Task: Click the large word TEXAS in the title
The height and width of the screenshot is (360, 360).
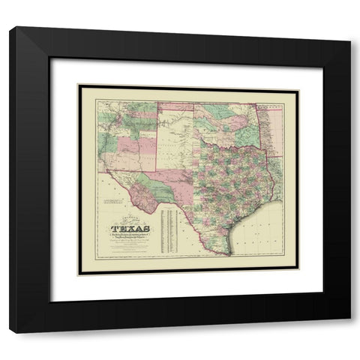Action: click(x=130, y=229)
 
